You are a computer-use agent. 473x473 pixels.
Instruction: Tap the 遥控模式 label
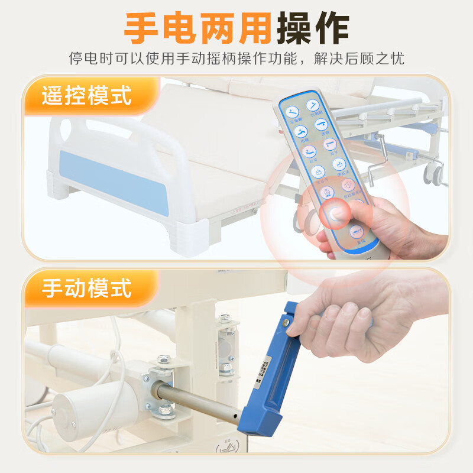point(86,95)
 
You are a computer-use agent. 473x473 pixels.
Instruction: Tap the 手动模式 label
point(86,289)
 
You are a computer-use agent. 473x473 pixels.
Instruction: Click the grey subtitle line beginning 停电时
point(237,59)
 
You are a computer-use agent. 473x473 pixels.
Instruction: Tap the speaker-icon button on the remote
point(348,185)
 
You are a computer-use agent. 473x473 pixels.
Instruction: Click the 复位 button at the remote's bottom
point(356,232)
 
